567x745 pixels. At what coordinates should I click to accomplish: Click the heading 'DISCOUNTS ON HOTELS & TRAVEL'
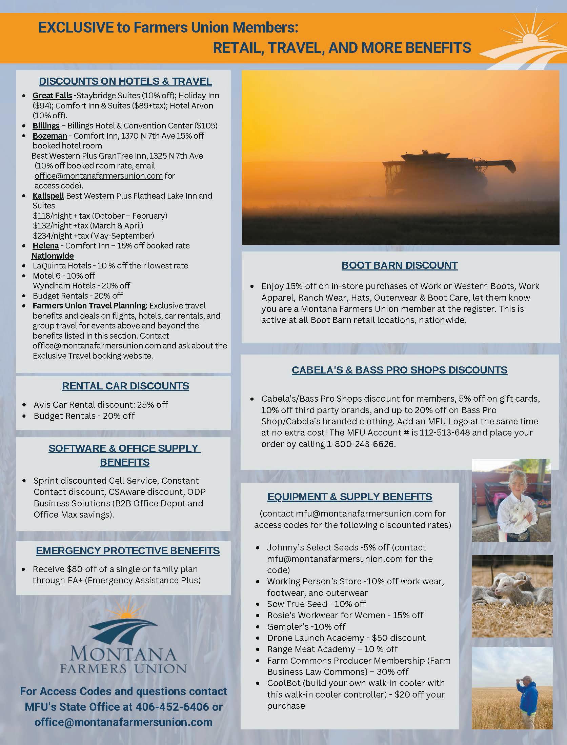point(125,81)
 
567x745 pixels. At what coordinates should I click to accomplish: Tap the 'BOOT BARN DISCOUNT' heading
point(400,265)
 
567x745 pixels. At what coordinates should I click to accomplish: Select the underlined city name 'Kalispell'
point(48,196)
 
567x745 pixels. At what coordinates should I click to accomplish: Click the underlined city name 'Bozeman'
point(50,136)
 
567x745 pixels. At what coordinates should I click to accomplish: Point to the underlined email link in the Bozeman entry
point(98,176)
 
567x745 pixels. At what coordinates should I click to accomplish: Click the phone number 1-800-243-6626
point(361,444)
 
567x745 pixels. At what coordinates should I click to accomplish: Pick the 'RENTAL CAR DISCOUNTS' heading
point(125,386)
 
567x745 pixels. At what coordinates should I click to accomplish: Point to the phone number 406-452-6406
point(172,707)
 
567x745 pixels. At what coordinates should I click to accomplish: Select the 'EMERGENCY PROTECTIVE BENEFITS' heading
point(128,551)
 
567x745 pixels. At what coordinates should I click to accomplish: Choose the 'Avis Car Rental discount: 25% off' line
point(101,404)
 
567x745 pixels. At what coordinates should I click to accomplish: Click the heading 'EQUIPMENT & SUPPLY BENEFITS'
point(349,497)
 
